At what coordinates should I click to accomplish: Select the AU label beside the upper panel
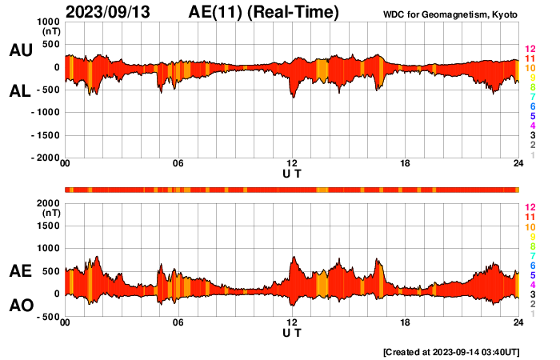(x=20, y=50)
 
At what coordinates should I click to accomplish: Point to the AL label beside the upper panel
(x=20, y=91)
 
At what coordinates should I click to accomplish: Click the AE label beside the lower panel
(x=20, y=271)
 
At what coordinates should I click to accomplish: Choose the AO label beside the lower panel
(x=20, y=306)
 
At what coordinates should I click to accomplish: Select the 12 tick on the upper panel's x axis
(x=292, y=164)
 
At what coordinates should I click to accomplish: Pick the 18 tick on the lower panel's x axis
(x=406, y=322)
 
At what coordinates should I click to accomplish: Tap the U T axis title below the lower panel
(x=292, y=333)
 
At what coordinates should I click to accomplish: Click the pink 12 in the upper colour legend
(x=529, y=49)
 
